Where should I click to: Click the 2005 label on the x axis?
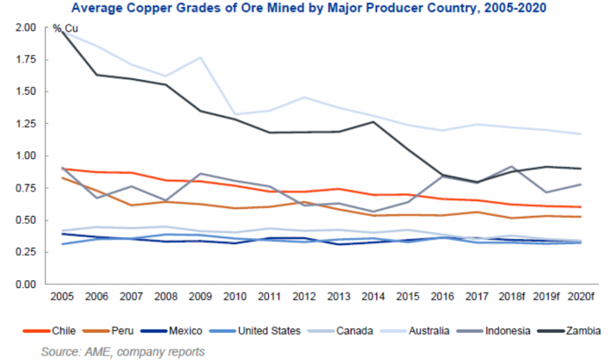[61, 296]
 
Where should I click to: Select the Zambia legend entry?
[570, 331]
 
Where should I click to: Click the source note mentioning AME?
[123, 352]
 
